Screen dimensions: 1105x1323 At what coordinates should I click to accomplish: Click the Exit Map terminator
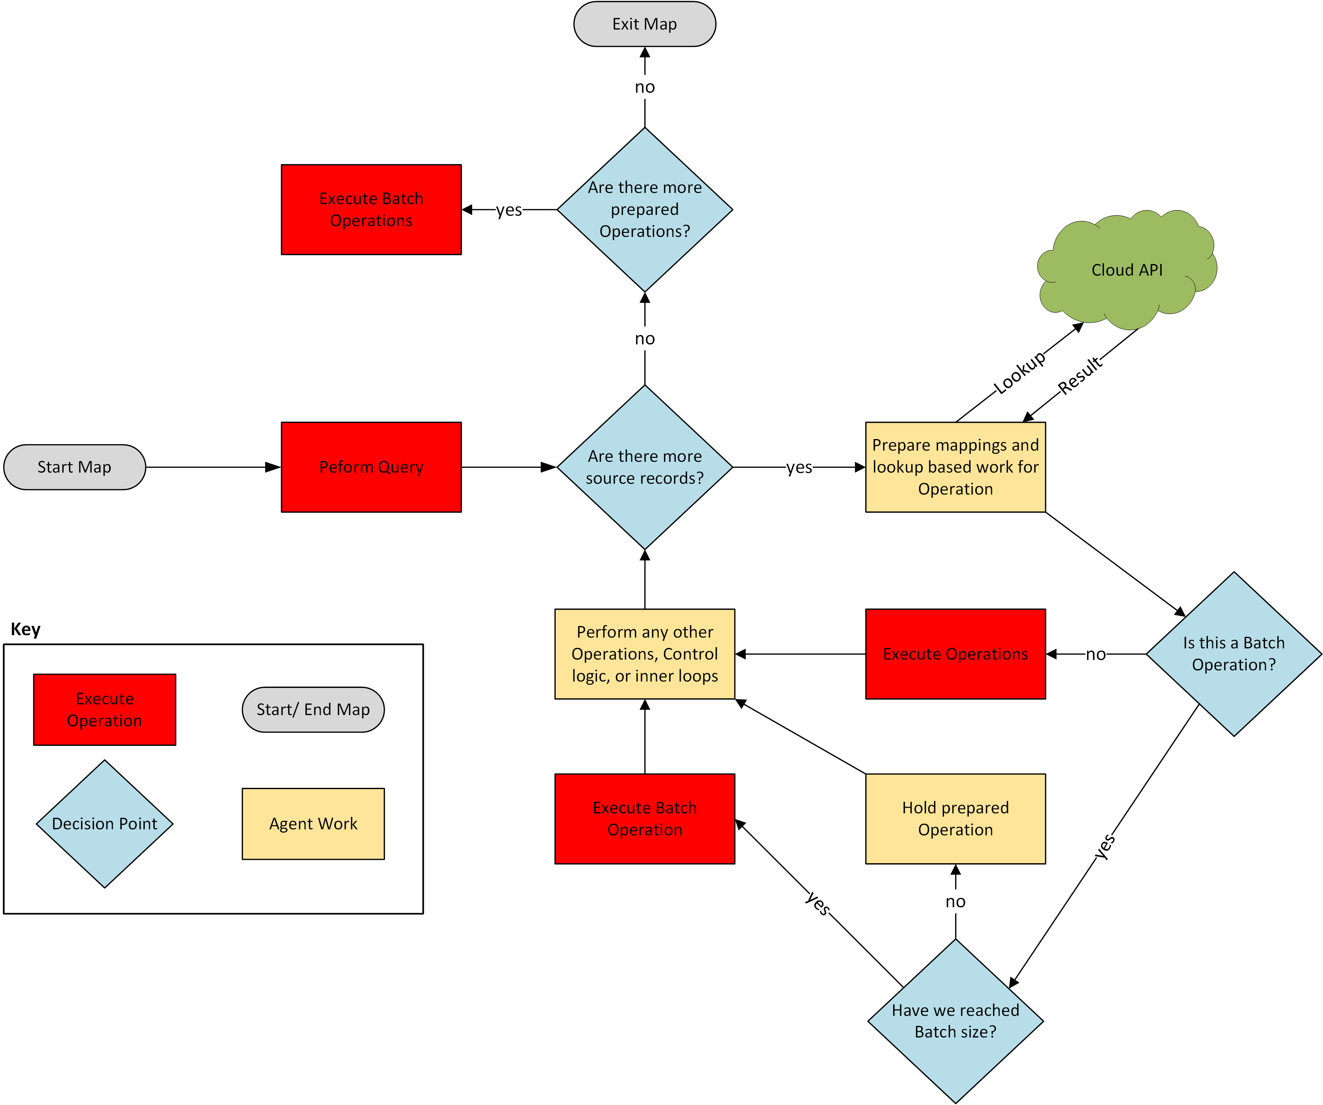tap(645, 24)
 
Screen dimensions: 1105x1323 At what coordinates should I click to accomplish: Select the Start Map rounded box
tap(74, 467)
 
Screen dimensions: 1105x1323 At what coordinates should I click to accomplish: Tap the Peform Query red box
tap(371, 467)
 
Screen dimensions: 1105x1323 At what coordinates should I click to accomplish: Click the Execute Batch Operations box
tap(371, 210)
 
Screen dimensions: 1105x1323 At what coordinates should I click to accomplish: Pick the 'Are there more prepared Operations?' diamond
tap(645, 210)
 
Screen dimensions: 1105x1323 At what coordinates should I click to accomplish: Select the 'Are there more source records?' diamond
tap(645, 467)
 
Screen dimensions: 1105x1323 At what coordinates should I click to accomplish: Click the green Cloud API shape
tap(1126, 270)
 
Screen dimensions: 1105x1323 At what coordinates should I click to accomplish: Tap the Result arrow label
tap(1080, 375)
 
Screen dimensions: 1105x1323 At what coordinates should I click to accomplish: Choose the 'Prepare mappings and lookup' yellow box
tap(955, 467)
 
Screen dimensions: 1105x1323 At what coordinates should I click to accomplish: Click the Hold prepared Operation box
tap(955, 819)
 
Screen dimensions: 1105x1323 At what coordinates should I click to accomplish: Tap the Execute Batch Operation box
tap(645, 819)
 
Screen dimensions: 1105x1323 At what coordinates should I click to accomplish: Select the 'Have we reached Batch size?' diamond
tap(955, 1021)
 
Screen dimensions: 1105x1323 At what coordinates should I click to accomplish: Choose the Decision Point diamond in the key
tap(105, 823)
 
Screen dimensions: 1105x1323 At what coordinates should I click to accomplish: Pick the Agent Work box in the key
tap(313, 823)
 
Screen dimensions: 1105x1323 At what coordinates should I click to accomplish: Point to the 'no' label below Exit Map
tap(645, 87)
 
